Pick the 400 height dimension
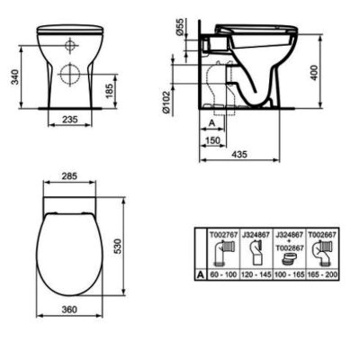pos(315,71)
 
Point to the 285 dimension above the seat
pos(69,175)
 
